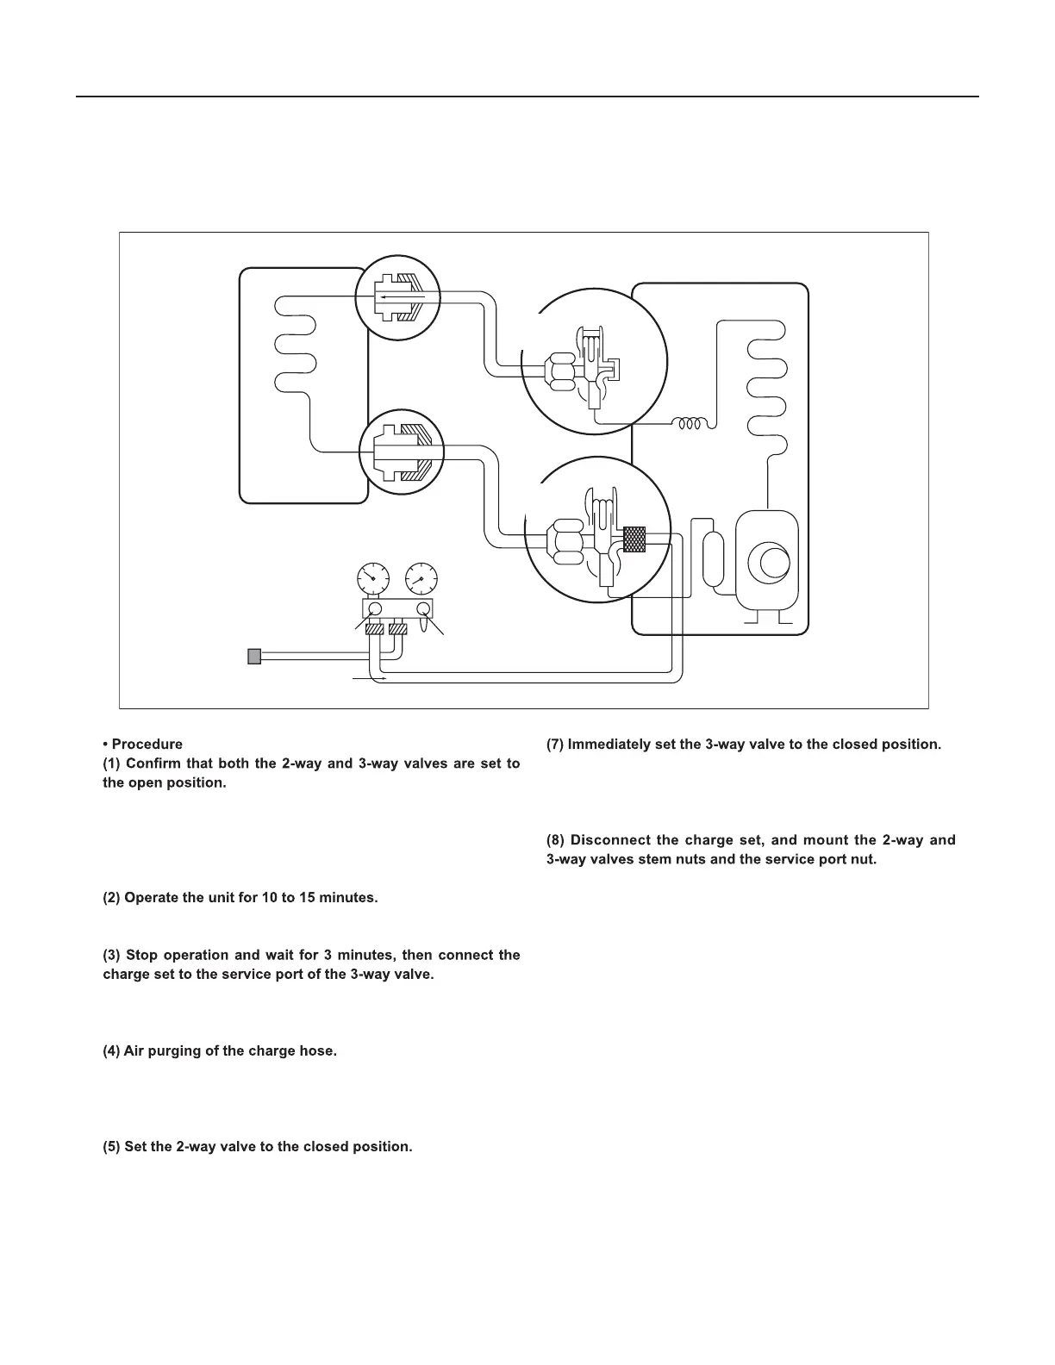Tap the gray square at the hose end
253,657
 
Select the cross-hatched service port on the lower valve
634,539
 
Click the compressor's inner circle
768,561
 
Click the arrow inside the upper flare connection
401,296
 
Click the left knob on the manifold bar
375,609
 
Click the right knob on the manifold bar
423,609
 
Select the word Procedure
147,745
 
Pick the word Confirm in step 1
156,764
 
